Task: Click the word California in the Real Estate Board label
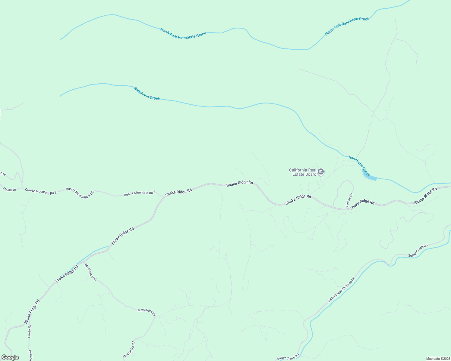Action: point(298,170)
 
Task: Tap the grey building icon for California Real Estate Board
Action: point(321,172)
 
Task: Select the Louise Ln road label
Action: point(349,200)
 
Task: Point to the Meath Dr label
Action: point(9,190)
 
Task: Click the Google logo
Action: point(10,357)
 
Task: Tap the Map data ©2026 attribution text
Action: point(438,359)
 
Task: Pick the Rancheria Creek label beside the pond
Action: point(359,165)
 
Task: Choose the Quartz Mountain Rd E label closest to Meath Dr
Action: point(41,191)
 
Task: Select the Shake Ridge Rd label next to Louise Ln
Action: point(362,204)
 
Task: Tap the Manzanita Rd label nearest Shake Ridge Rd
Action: point(90,272)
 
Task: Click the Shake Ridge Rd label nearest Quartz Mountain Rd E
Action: point(178,193)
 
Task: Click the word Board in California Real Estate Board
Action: point(311,174)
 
